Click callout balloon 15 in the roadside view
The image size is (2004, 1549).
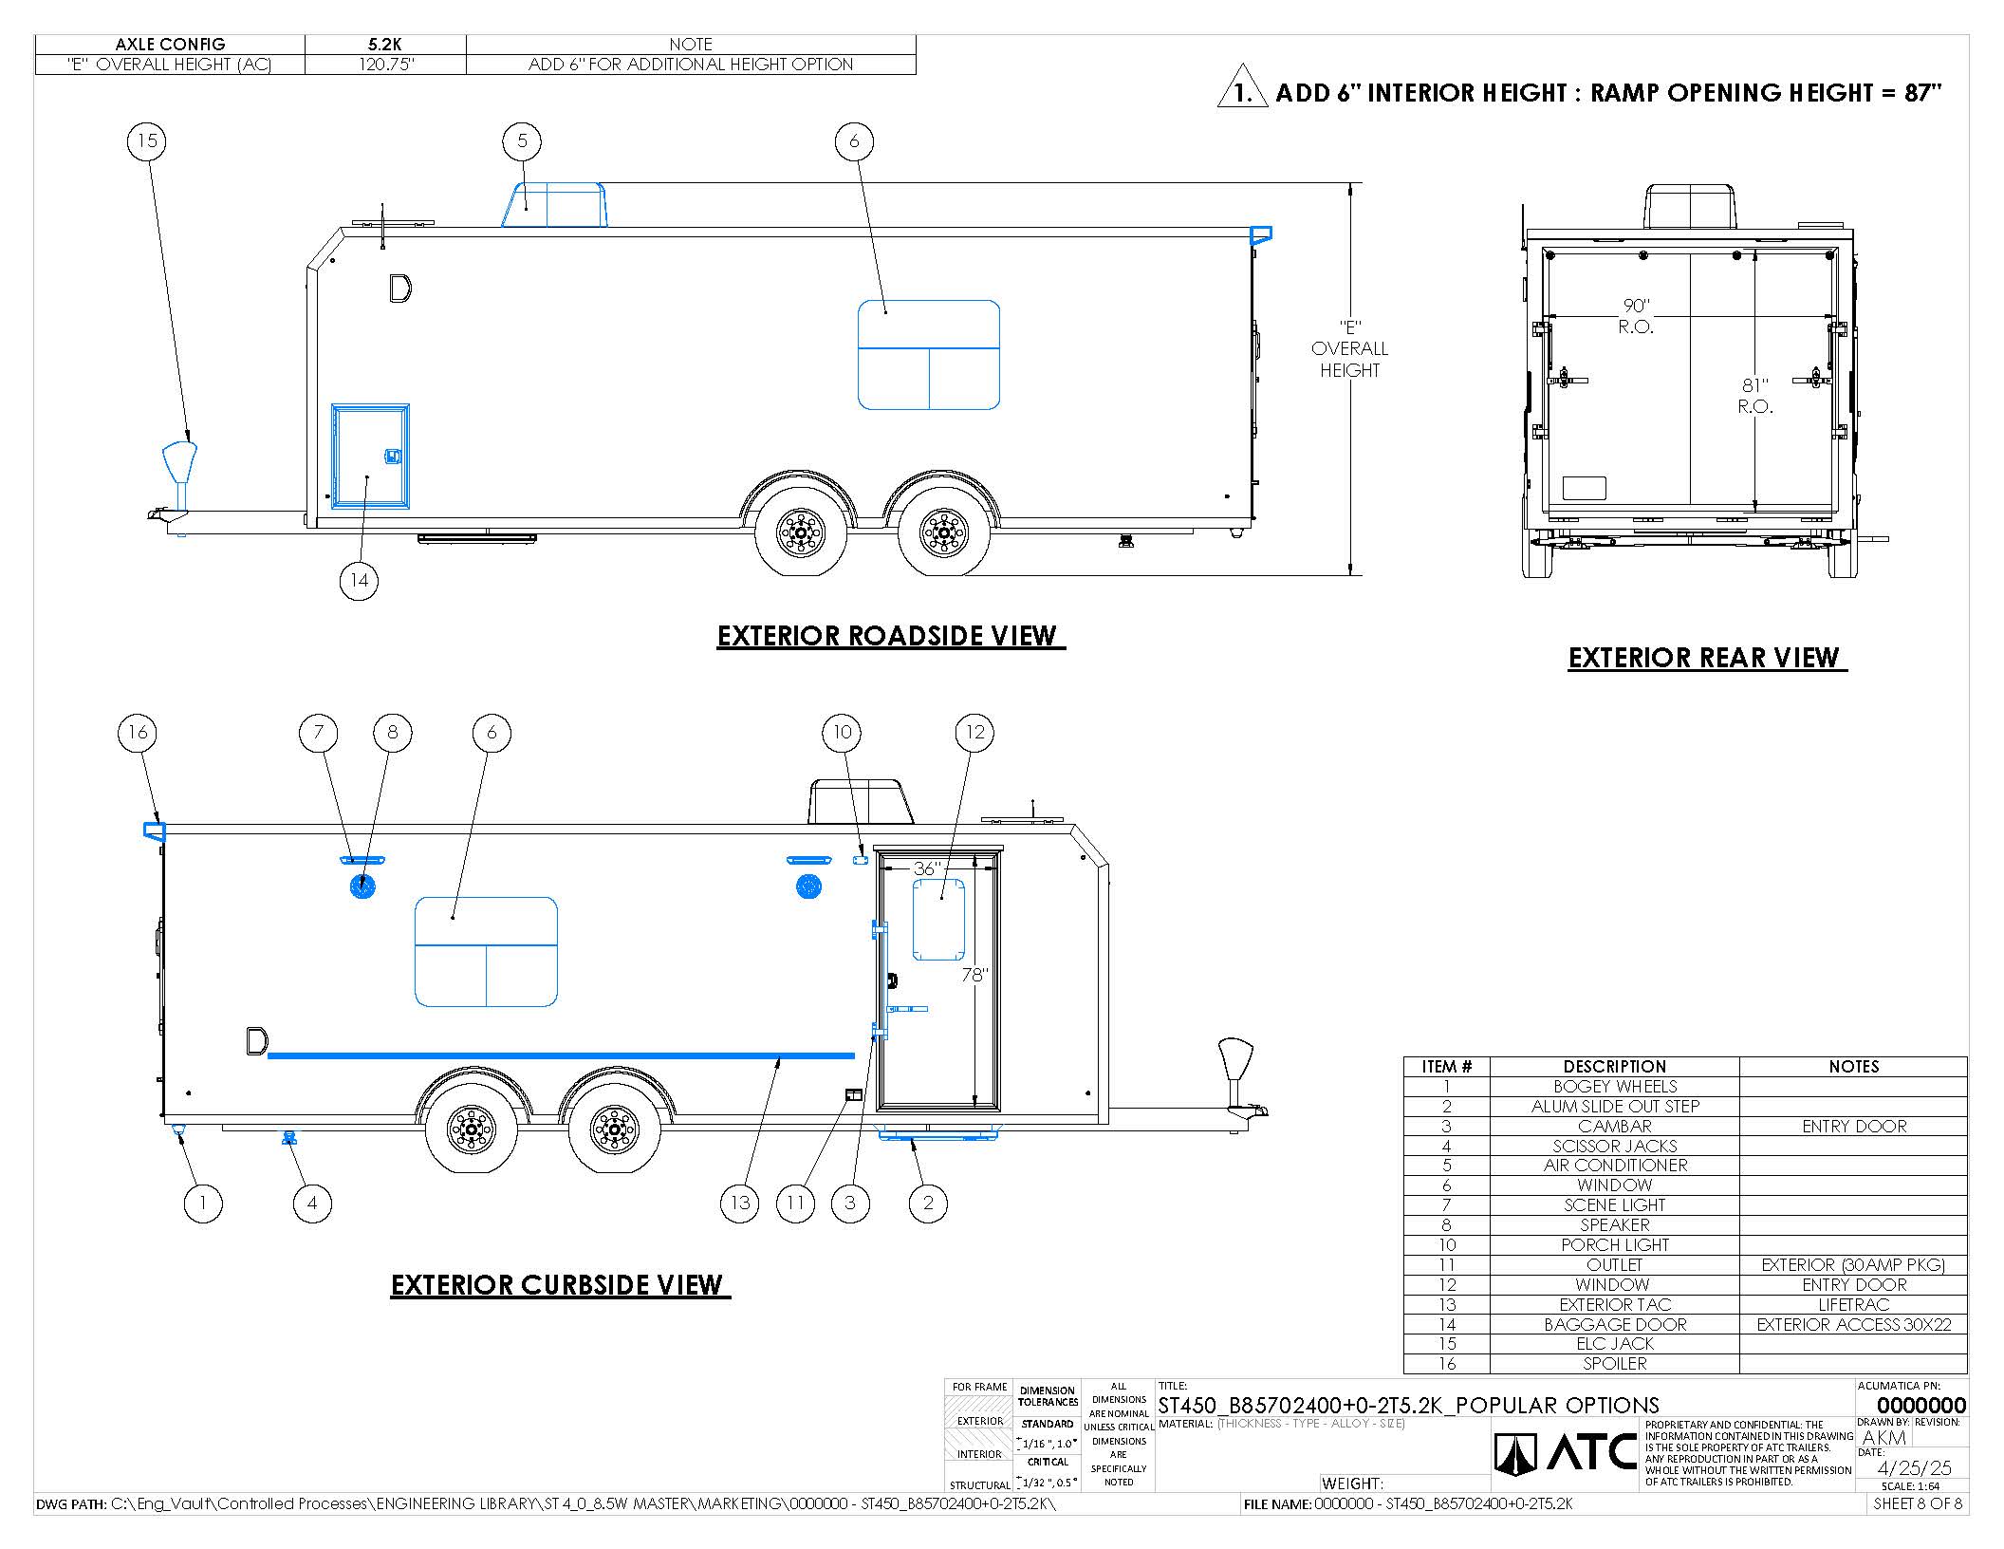(147, 141)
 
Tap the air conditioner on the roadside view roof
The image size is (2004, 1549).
(554, 205)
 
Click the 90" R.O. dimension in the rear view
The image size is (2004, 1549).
(1637, 316)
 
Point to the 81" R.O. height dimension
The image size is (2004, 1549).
(1755, 396)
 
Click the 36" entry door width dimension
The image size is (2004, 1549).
(926, 868)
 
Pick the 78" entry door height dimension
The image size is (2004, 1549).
(975, 975)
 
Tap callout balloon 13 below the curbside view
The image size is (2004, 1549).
(740, 1203)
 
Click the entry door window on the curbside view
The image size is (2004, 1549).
(938, 920)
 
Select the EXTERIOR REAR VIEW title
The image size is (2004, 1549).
(1704, 658)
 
